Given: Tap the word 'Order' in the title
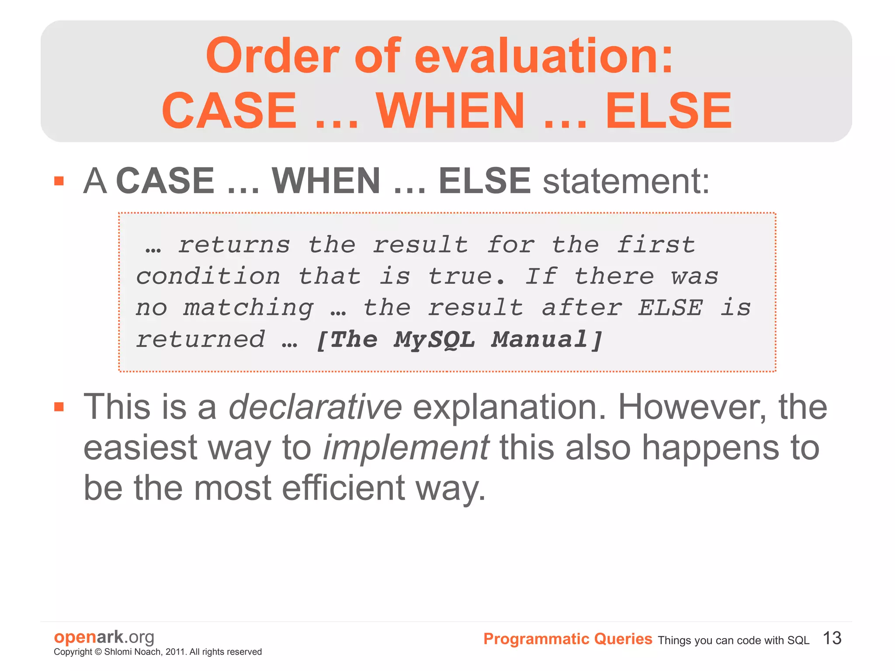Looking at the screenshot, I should pyautogui.click(x=272, y=56).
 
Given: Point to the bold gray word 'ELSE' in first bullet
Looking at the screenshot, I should pyautogui.click(x=484, y=181).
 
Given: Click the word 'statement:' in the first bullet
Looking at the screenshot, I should pyautogui.click(x=626, y=181).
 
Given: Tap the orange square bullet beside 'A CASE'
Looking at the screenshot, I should pyautogui.click(x=59, y=181).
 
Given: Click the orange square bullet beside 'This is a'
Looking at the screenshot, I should pyautogui.click(x=59, y=407).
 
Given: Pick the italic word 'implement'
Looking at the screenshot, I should pyautogui.click(x=406, y=448).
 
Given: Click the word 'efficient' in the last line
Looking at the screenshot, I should pyautogui.click(x=343, y=488).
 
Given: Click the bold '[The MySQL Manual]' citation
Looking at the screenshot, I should pyautogui.click(x=459, y=340).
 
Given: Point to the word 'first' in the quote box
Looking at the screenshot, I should pyautogui.click(x=656, y=245).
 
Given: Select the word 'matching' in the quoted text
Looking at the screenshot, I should pyautogui.click(x=248, y=308).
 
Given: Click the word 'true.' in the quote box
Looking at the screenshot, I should pyautogui.click(x=466, y=277).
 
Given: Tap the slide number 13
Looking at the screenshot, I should pyautogui.click(x=832, y=638).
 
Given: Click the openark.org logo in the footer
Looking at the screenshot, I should pyautogui.click(x=104, y=637).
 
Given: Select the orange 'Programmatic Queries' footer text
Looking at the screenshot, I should pyautogui.click(x=568, y=639).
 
